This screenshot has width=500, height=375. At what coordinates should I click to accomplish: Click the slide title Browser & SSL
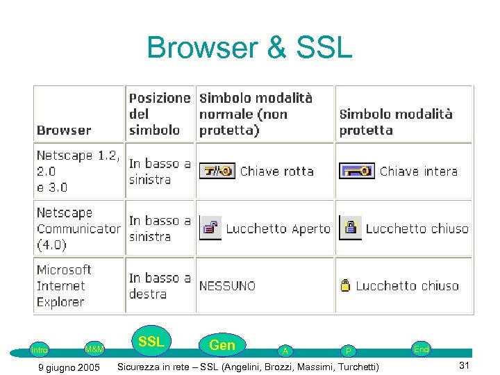point(249,49)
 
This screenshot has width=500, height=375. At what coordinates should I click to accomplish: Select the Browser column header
point(64,130)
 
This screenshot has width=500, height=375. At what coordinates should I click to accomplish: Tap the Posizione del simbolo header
point(159,114)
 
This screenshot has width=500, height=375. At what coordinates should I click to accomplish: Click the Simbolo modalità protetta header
point(395,122)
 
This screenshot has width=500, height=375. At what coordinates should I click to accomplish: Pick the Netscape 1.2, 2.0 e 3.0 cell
point(78,172)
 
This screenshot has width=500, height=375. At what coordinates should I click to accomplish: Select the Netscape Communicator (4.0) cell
point(78,228)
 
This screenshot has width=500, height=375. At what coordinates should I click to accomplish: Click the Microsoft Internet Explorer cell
point(64,285)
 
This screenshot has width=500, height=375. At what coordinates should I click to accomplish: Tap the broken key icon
point(217,171)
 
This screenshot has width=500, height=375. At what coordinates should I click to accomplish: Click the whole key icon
point(357,171)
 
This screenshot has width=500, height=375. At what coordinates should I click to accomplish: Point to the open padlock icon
point(210,228)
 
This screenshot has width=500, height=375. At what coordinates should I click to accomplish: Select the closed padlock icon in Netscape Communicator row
point(350,228)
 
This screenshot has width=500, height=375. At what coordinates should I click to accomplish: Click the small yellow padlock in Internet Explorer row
point(345,285)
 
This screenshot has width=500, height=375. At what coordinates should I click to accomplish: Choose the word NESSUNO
point(227,285)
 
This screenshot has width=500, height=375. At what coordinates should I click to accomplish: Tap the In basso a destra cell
point(159,285)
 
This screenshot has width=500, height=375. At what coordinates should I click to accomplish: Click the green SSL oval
point(151,342)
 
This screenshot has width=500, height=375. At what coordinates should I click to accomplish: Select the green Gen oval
point(222,344)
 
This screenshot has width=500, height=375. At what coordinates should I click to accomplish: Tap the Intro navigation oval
point(40,350)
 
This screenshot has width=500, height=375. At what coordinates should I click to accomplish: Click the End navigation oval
point(421,349)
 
